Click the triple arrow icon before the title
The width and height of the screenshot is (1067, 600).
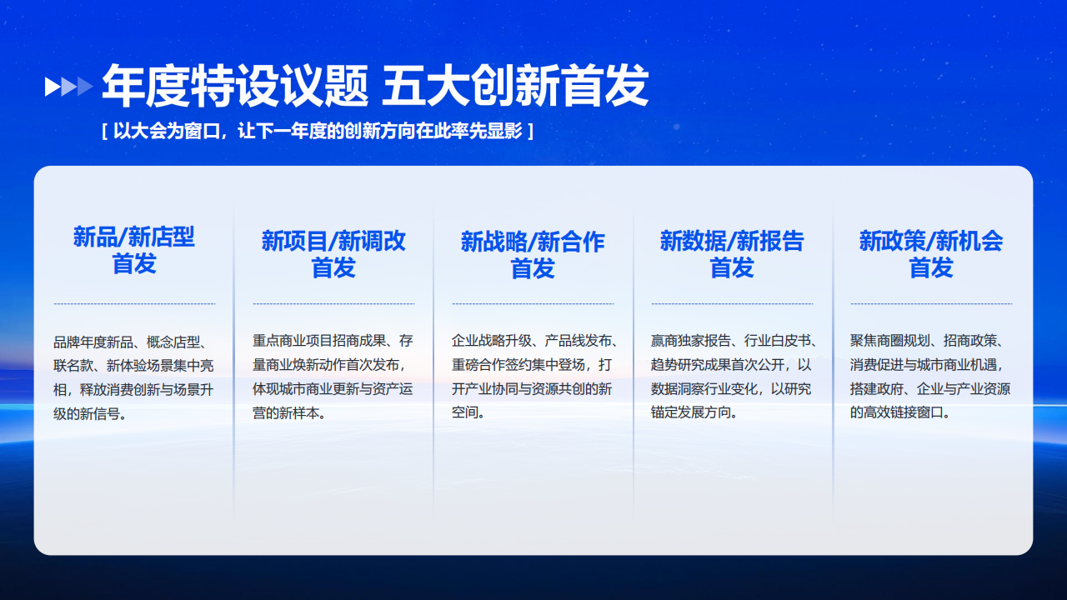68,87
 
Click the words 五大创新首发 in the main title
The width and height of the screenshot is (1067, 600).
515,86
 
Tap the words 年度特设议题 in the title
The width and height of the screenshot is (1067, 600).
235,86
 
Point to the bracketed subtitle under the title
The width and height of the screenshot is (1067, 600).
318,131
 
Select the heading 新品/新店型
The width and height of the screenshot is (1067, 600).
134,237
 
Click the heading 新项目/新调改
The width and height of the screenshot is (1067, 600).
333,241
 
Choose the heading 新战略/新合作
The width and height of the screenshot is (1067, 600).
533,242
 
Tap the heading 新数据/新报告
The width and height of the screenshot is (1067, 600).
732,241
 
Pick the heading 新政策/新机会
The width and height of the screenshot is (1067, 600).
931,241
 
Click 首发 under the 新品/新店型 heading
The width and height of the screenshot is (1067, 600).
134,264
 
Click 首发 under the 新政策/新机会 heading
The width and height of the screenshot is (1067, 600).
931,267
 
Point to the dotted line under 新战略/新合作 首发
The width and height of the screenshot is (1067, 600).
533,303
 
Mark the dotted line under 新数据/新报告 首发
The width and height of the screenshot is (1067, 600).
732,303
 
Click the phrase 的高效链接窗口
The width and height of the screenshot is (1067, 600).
896,412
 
